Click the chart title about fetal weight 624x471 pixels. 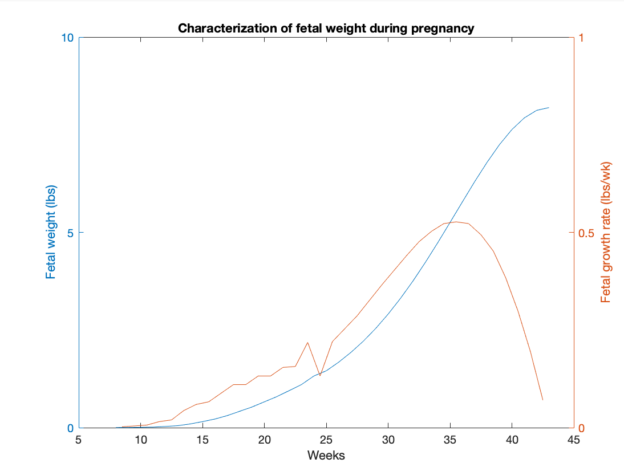[326, 29]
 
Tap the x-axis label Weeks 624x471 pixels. [326, 455]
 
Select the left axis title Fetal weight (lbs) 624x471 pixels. [51, 233]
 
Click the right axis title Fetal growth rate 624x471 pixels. [606, 233]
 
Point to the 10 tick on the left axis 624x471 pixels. [67, 38]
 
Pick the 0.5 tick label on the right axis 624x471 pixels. [586, 233]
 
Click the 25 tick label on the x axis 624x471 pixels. [326, 440]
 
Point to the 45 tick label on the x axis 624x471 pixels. [573, 440]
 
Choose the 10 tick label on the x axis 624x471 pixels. [140, 440]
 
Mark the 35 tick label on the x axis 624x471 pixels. [449, 440]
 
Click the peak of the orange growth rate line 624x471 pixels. [456, 222]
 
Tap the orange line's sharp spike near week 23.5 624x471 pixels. [308, 342]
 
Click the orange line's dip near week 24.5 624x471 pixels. [320, 376]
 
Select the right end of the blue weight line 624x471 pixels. [549, 107]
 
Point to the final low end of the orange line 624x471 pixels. [542, 400]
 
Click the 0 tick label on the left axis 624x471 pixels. [70, 428]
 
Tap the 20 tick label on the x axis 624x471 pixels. [264, 440]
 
